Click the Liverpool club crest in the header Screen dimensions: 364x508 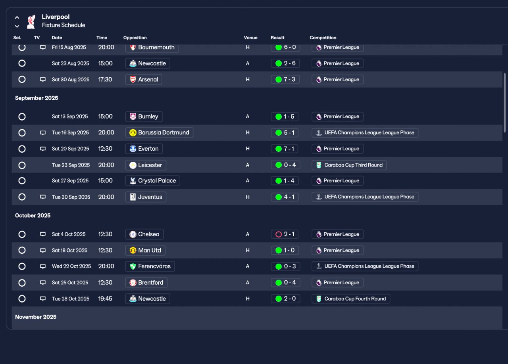(31, 21)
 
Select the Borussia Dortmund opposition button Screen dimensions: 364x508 (159, 133)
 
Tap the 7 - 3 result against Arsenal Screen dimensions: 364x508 (285, 79)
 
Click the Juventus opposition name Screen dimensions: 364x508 (150, 197)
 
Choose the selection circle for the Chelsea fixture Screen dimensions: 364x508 (22, 234)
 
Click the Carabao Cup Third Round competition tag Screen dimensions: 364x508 (349, 165)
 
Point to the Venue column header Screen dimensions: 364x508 (250, 38)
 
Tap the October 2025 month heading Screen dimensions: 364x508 (33, 216)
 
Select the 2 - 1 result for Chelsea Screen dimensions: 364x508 (285, 234)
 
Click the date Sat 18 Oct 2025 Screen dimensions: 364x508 (69, 251)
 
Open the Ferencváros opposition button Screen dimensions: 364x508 (150, 266)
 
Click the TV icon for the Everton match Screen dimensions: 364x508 (43, 149)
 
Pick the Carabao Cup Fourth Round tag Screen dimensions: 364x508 (351, 299)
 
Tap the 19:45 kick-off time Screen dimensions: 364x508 (105, 299)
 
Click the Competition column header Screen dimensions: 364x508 (323, 38)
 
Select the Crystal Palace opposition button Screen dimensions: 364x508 (152, 181)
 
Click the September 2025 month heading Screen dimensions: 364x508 (37, 98)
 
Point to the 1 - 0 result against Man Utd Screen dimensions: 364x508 (285, 251)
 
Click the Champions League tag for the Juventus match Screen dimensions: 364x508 (365, 197)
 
